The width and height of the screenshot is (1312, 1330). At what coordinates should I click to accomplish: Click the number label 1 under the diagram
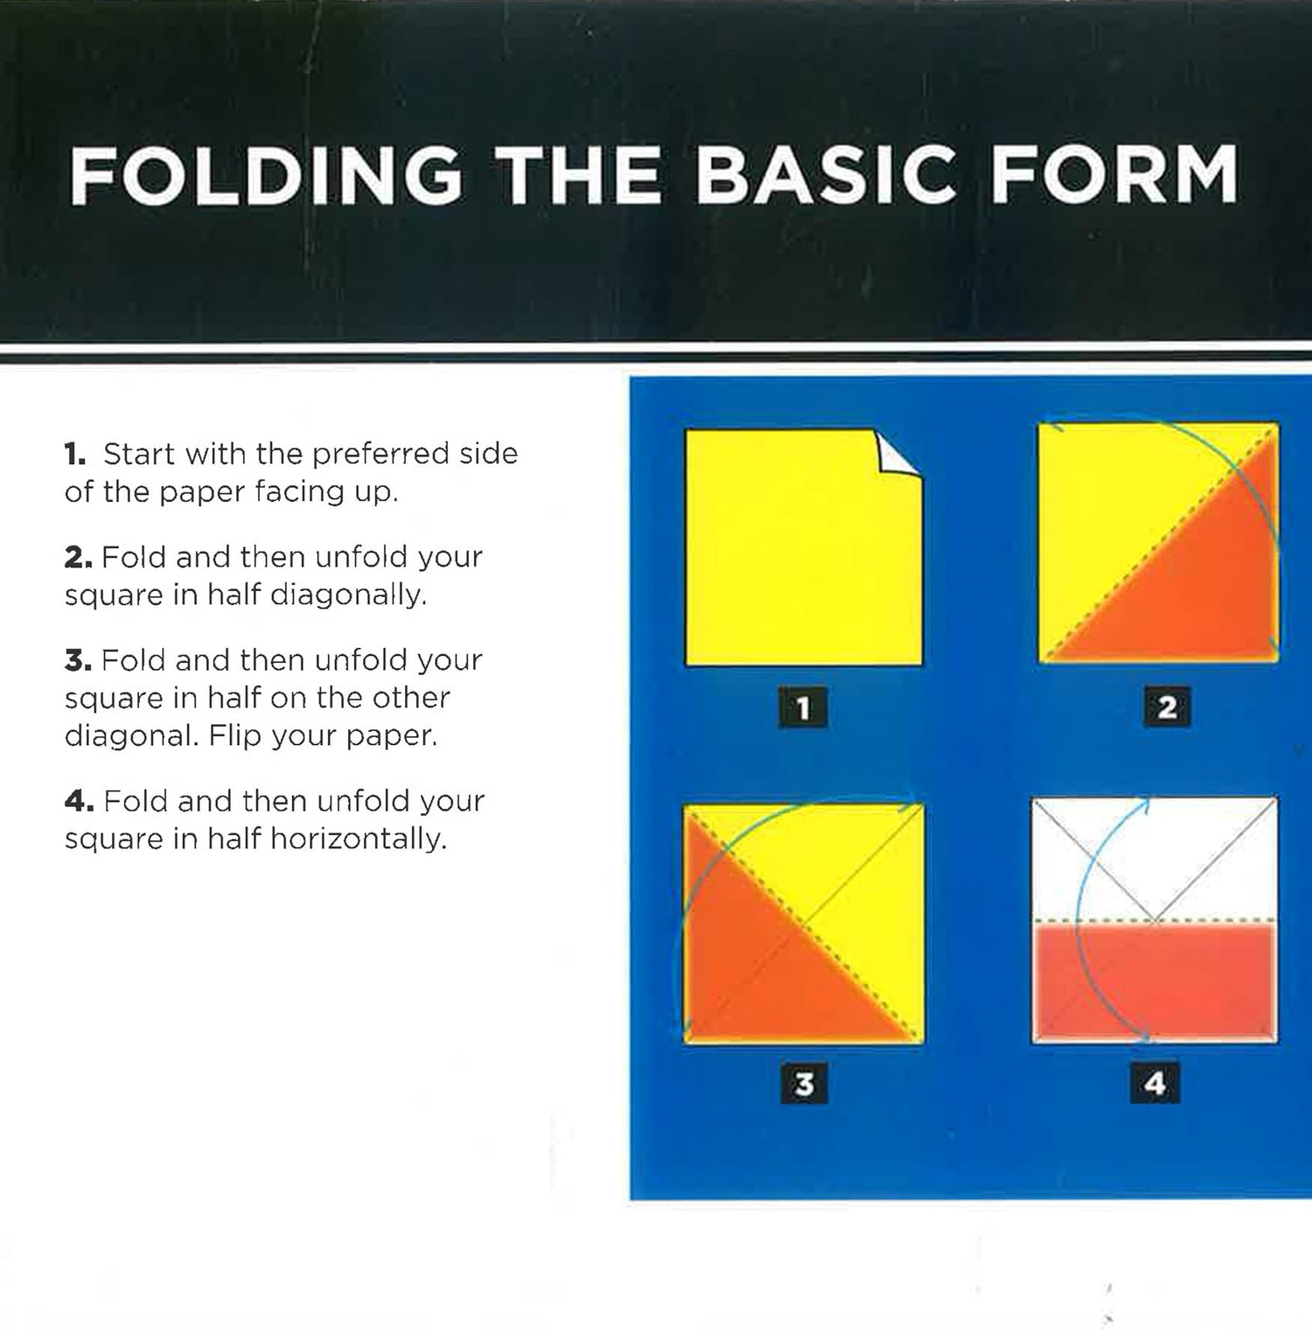pos(803,707)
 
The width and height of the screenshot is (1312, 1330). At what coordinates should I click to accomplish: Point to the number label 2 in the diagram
pos(1167,707)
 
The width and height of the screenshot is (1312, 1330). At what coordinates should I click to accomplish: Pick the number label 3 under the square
pos(804,1084)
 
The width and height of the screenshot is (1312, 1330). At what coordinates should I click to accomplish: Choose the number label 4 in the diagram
pos(1155,1084)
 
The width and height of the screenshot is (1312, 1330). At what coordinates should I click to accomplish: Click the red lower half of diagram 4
pos(1155,982)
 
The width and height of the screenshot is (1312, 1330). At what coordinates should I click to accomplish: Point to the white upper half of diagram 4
pos(1155,860)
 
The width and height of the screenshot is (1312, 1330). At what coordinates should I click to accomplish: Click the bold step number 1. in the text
pos(75,454)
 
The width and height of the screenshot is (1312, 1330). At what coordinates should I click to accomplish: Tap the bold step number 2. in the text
pos(78,557)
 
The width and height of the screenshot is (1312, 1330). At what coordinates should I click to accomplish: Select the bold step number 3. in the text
pos(78,660)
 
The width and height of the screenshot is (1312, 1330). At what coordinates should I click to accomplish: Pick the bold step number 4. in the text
pos(79,801)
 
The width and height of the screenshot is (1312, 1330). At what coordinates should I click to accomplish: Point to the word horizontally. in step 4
pos(359,839)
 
